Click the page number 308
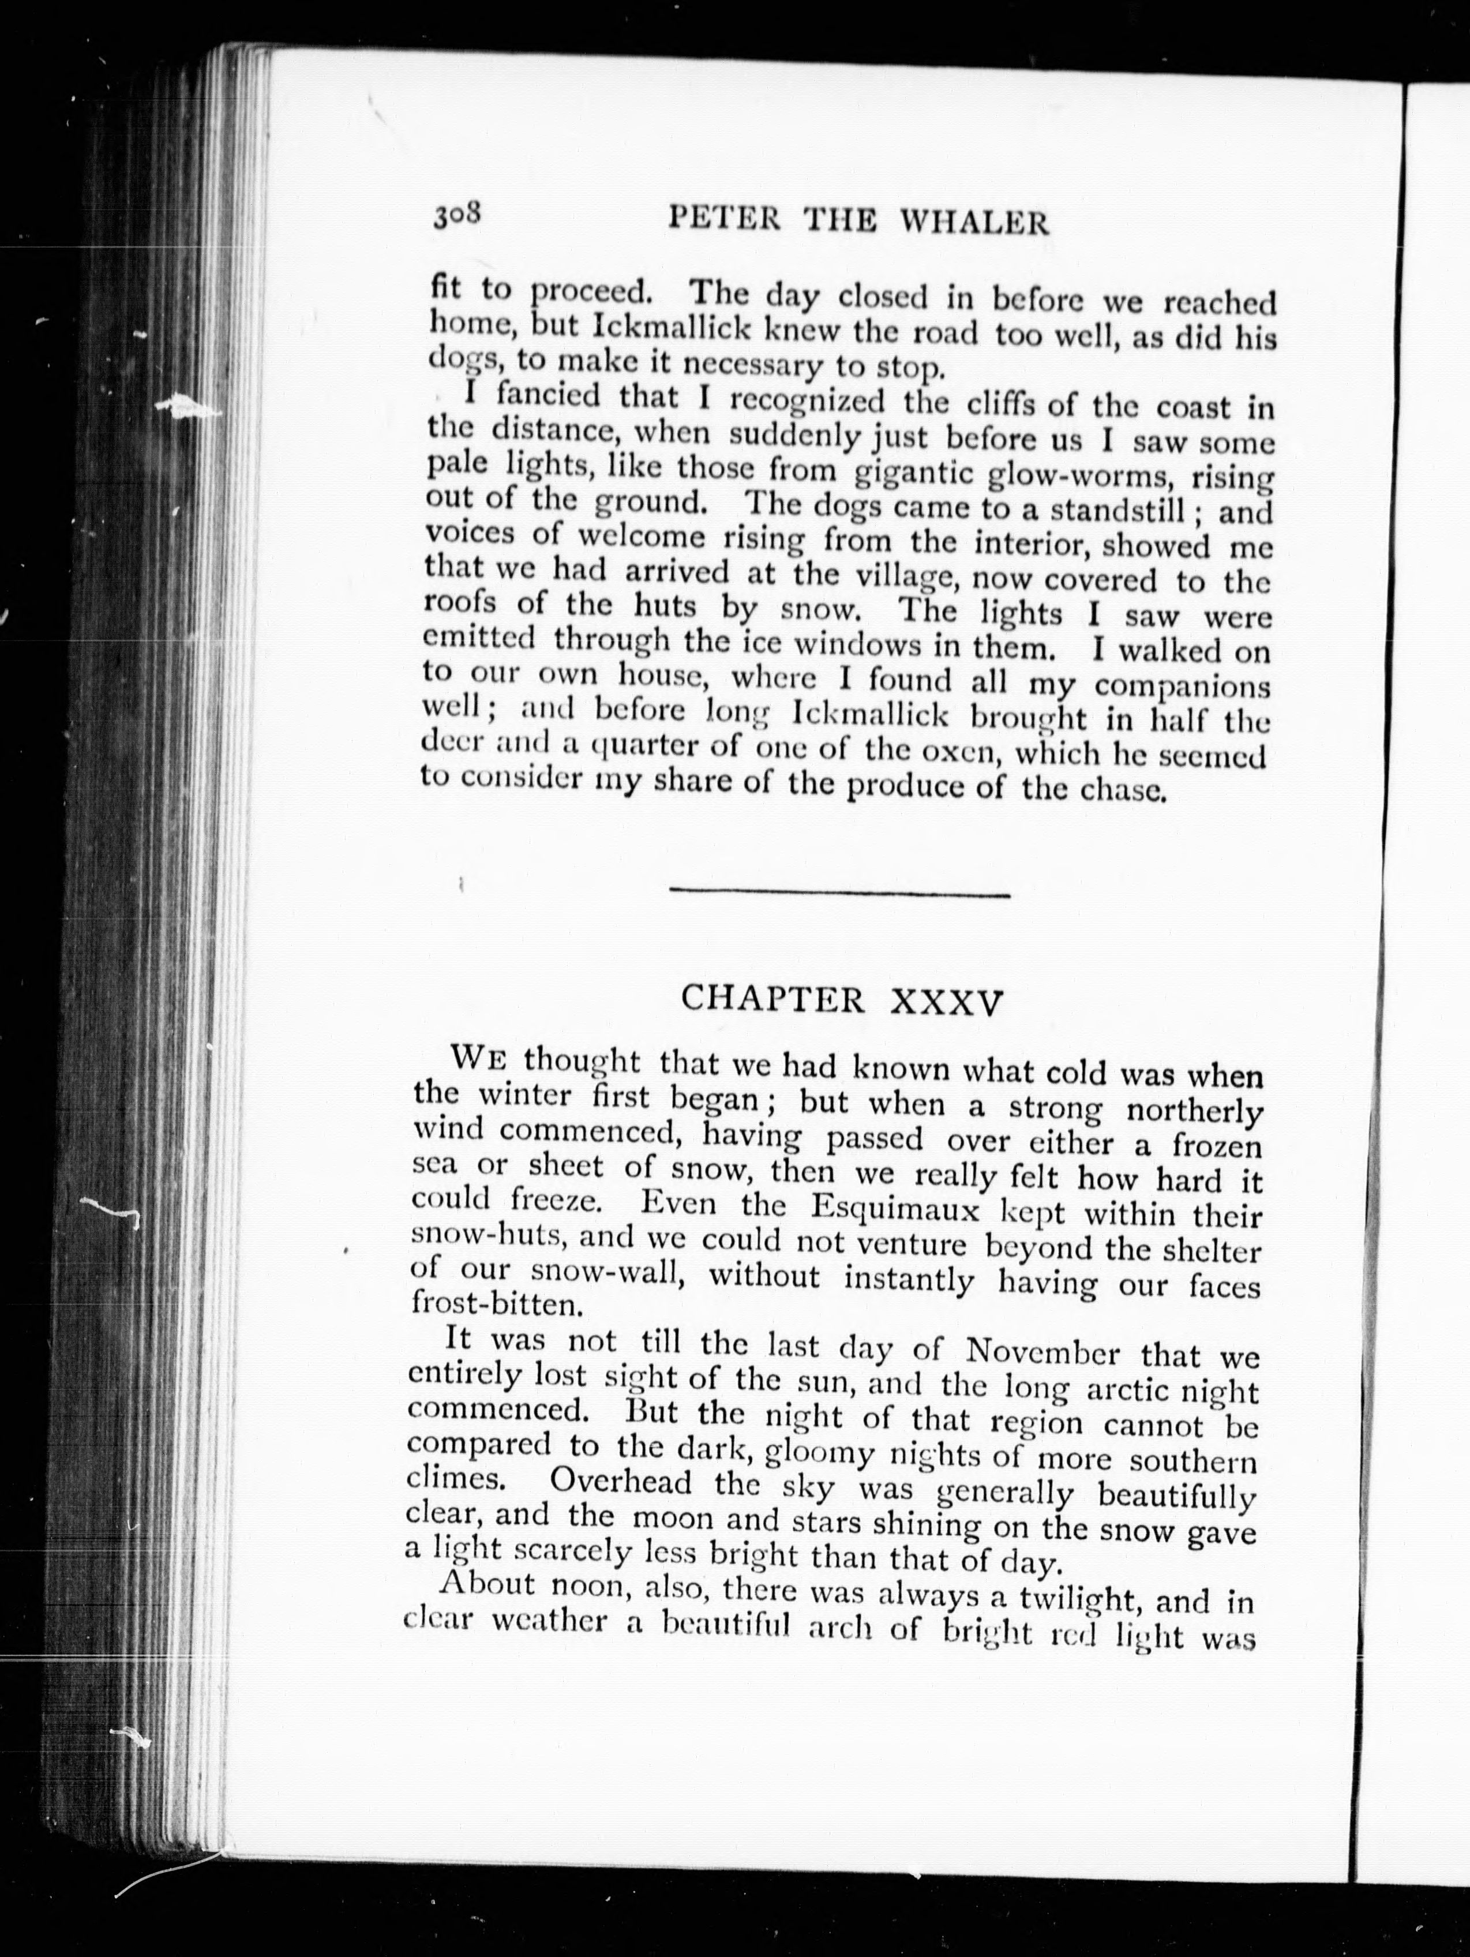456,215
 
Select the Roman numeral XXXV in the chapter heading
948,1002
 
